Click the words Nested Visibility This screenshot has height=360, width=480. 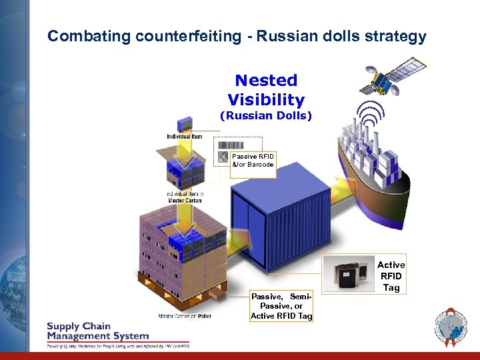(x=266, y=90)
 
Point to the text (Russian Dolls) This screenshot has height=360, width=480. (x=266, y=115)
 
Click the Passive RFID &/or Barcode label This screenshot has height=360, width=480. (x=253, y=161)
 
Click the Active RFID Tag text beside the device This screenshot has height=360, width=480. (x=391, y=276)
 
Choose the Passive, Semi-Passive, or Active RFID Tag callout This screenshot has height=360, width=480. (x=281, y=306)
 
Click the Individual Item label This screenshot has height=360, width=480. (x=185, y=137)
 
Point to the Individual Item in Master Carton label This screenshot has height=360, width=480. (x=185, y=197)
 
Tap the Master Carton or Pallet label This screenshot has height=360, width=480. (x=185, y=316)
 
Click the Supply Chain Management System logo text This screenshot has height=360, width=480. (x=97, y=331)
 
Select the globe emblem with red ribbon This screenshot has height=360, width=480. (x=451, y=327)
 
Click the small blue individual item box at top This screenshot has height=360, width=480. (x=185, y=123)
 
